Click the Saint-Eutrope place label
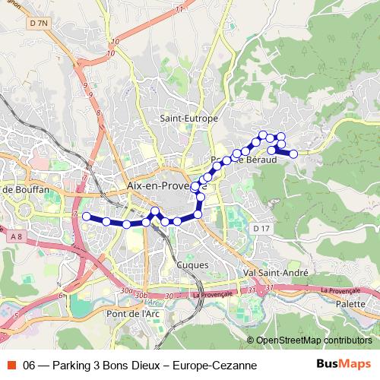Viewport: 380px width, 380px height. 189,119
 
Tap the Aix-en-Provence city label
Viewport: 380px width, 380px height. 156,185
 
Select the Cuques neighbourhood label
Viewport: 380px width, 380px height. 192,264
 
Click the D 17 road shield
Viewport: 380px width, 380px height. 261,229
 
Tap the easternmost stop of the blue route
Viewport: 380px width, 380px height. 293,154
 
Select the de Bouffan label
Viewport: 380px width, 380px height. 22,188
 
